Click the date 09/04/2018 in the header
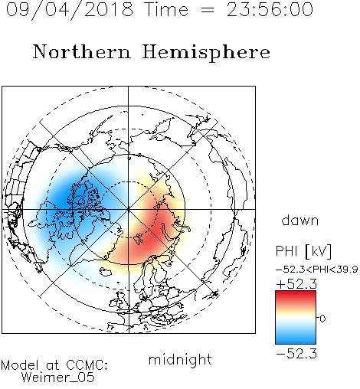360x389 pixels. click(x=70, y=10)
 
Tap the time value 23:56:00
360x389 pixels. click(x=270, y=9)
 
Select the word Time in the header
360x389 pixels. click(x=166, y=9)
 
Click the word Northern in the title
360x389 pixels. click(x=82, y=51)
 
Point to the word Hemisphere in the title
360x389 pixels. click(x=206, y=53)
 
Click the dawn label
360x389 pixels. click(x=300, y=220)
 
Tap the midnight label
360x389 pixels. click(x=180, y=360)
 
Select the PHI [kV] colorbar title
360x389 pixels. click(x=303, y=251)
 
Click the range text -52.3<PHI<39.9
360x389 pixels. click(x=316, y=270)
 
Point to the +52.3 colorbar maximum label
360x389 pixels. click(x=296, y=284)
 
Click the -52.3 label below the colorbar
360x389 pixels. click(x=296, y=354)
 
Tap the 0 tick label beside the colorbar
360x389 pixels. click(x=322, y=319)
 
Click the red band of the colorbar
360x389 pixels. click(x=296, y=296)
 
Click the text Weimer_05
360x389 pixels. click(x=58, y=378)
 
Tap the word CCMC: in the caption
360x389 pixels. click(x=87, y=365)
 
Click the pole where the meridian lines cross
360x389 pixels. click(x=129, y=209)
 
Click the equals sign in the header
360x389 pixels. click(x=208, y=11)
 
